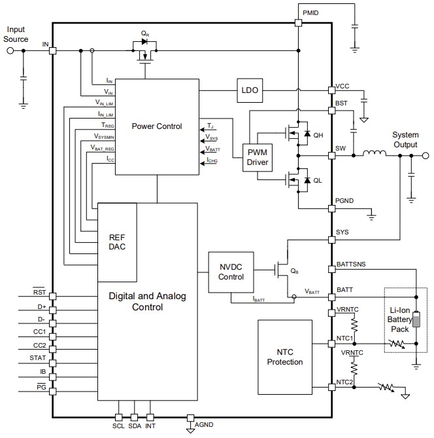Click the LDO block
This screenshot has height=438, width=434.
(x=250, y=91)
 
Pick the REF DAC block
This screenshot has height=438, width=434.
(x=117, y=242)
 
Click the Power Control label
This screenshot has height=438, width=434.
(x=157, y=126)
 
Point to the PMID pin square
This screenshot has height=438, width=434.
(x=298, y=23)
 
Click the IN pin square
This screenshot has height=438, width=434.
(x=52, y=50)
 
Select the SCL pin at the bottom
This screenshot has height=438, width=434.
(x=119, y=417)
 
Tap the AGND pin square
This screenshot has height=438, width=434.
(x=190, y=417)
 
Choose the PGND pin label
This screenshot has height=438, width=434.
(x=345, y=202)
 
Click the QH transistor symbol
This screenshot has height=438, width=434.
(x=297, y=134)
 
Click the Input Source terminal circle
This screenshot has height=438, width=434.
(x=10, y=50)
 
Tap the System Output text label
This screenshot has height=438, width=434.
(x=405, y=139)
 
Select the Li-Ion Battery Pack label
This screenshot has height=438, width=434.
(x=399, y=319)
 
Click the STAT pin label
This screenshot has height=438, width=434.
(x=37, y=357)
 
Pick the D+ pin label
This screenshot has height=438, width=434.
(x=41, y=306)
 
